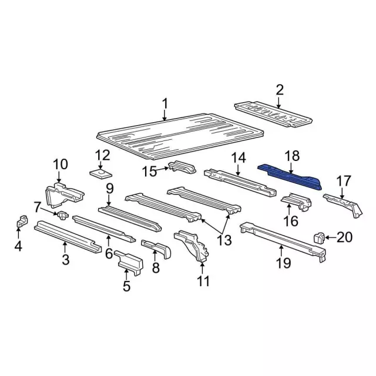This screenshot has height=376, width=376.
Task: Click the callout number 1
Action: (x=165, y=105)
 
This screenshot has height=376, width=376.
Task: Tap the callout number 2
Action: (x=280, y=90)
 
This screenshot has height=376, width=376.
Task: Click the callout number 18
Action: (x=292, y=156)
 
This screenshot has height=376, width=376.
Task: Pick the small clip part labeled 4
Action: (x=21, y=222)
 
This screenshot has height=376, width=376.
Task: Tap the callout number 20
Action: (x=345, y=237)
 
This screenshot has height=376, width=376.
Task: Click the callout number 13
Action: (x=224, y=240)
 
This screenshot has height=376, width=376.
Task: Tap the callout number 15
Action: (x=149, y=171)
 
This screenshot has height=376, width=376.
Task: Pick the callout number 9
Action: (x=109, y=188)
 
